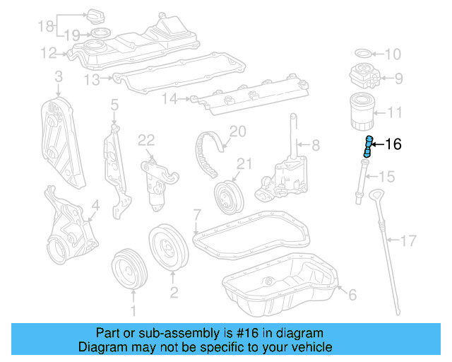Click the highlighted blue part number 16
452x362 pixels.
click(x=368, y=146)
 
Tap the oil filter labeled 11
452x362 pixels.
click(x=366, y=112)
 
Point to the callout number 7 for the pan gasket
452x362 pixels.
click(x=197, y=213)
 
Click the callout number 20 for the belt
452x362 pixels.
click(x=237, y=131)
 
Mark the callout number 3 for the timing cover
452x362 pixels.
click(x=58, y=76)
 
